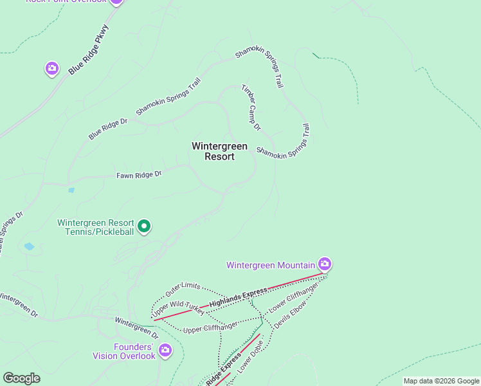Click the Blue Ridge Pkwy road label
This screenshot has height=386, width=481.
(89, 51)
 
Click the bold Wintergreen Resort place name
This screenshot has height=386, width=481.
(219, 151)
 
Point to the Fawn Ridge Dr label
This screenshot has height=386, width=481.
(139, 174)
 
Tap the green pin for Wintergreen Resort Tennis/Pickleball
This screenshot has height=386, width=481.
(145, 226)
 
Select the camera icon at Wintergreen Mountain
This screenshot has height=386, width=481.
(325, 264)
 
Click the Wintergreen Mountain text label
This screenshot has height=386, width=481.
(271, 265)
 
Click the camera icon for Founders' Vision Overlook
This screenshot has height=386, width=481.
(165, 350)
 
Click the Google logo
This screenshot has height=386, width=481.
(21, 378)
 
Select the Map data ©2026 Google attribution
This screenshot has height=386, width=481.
(440, 381)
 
